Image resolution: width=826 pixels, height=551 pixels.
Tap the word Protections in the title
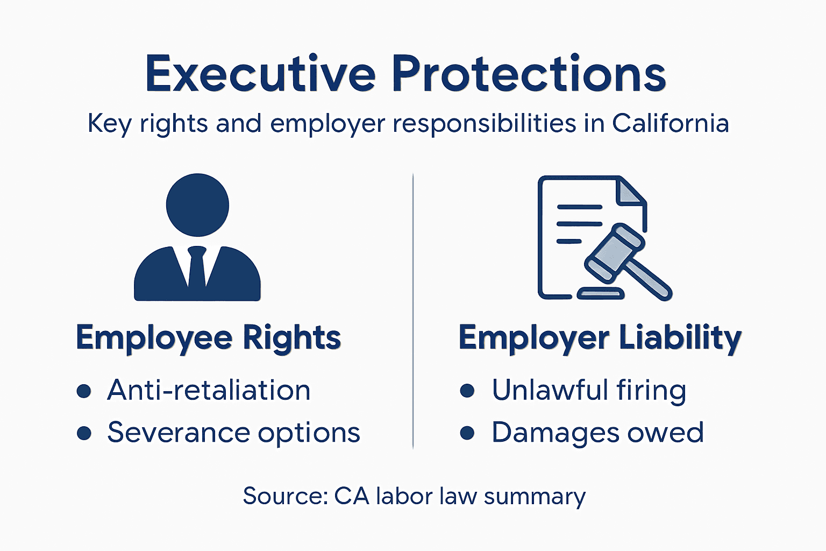click(529, 74)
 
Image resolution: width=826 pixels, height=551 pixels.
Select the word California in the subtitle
click(670, 123)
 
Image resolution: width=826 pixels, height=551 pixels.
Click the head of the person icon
click(197, 205)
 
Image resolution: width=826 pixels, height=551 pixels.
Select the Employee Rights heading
click(209, 338)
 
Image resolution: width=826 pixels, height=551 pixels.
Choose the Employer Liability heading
click(600, 338)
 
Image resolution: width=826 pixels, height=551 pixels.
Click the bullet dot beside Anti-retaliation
click(84, 391)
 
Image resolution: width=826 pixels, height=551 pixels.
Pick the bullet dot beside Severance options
click(84, 433)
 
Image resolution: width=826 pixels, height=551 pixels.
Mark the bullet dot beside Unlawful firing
click(467, 391)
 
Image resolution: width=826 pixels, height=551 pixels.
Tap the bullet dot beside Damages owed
click(467, 433)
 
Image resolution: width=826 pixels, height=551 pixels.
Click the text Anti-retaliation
click(209, 390)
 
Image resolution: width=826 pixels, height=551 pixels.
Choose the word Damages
click(554, 433)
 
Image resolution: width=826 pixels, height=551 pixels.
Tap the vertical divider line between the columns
click(413, 312)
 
